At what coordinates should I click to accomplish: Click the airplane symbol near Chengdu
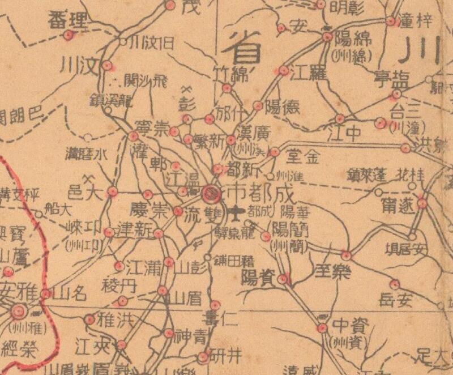click(237, 213)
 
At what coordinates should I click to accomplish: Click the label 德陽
click(281, 106)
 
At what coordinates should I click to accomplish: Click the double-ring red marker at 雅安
click(19, 311)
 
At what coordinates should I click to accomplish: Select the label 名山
click(72, 293)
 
